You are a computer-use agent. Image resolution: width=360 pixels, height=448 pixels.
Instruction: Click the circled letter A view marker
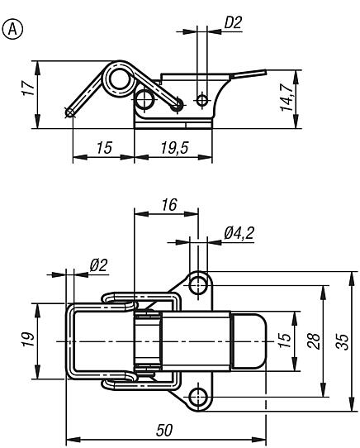point(12,29)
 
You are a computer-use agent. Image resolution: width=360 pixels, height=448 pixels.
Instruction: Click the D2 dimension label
point(233,22)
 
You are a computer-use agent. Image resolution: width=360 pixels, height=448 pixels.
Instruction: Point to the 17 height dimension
point(29,88)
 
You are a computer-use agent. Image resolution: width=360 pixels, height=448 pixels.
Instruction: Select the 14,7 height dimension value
point(287,98)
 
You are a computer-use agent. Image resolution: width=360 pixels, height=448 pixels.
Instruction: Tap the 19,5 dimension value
point(175,148)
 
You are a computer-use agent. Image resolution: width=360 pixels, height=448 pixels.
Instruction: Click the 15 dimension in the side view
point(104,148)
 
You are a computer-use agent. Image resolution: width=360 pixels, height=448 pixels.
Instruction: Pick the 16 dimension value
point(169,204)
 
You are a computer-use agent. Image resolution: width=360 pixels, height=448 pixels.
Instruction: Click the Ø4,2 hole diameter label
point(239,233)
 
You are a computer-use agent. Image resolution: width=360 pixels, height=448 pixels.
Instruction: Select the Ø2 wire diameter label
point(98,265)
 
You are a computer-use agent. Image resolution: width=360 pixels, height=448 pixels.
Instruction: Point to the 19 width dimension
point(29,339)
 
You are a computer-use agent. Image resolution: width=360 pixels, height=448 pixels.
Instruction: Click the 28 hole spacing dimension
point(314,341)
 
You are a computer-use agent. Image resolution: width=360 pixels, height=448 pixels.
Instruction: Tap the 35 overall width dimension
point(343,341)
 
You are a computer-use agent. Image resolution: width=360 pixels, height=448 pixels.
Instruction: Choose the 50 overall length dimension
point(165,431)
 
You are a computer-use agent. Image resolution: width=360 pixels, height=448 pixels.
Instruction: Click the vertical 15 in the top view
point(286,340)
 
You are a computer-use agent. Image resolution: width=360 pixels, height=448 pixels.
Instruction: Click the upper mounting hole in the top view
point(198,285)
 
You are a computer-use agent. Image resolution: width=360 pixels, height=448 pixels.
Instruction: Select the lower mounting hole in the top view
point(198,397)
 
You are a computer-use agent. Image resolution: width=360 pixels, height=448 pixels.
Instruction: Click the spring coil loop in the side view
point(104,79)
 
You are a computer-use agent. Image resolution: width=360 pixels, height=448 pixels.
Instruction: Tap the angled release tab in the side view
point(249,74)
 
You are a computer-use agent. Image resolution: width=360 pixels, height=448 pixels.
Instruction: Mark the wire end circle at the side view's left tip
point(69,113)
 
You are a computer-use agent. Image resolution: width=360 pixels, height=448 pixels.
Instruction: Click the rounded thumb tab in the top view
point(249,341)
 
